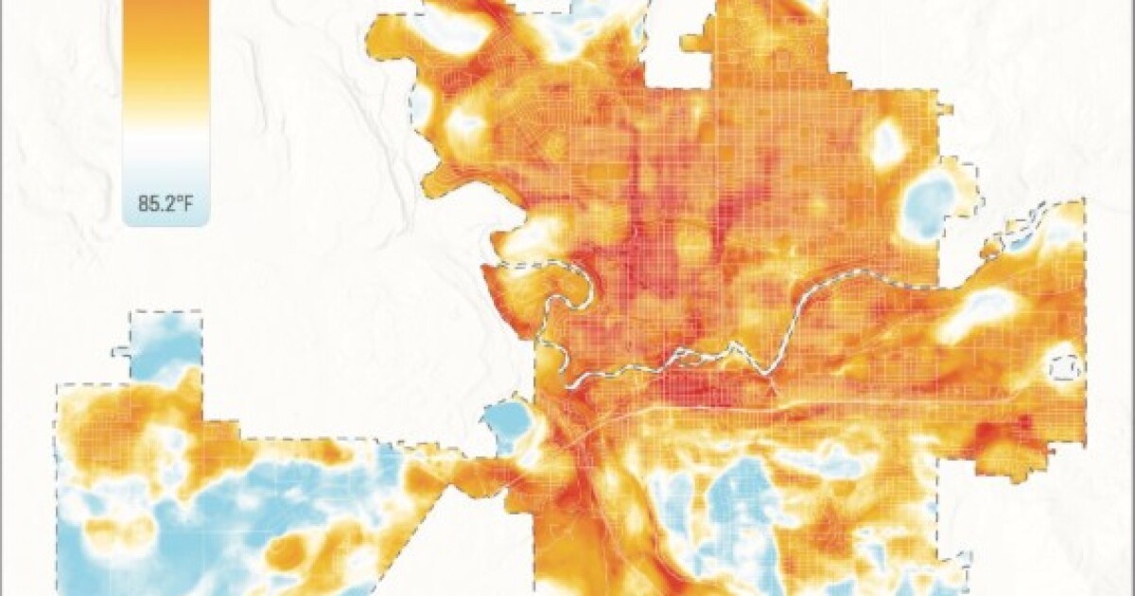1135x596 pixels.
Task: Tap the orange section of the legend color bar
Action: [166, 38]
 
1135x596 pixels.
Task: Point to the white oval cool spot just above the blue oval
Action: [887, 144]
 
